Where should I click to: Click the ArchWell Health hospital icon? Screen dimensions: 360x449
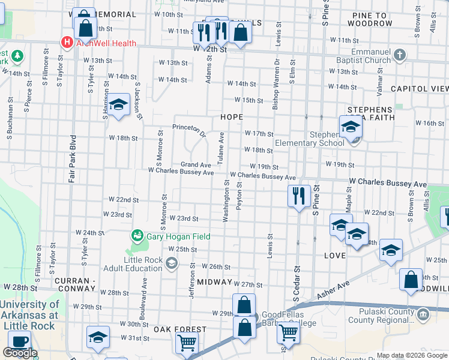point(67,43)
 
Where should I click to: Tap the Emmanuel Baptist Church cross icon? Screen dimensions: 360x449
point(399,56)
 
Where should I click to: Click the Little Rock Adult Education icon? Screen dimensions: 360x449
point(172,263)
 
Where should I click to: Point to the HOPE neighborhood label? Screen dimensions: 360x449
point(231,117)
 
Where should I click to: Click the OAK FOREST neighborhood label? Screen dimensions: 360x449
point(179,329)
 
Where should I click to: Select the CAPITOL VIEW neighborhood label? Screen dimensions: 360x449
point(419,88)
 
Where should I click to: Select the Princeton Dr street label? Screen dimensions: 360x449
point(189,127)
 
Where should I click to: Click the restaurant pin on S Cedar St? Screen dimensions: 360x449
point(298,196)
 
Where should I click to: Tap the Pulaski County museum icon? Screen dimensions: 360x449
point(423,314)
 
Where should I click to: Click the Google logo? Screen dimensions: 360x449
point(20,353)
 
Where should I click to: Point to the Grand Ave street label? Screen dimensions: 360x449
point(196,164)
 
